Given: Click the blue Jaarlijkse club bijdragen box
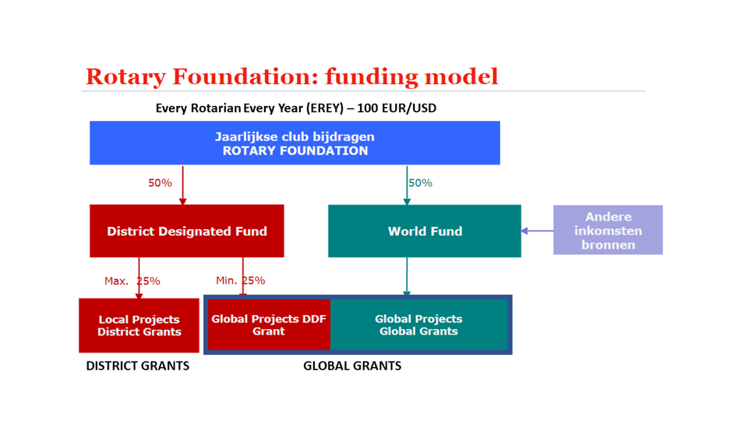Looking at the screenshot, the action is pos(295,143).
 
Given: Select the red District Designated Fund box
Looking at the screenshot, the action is pos(187,231).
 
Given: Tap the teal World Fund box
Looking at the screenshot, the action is pos(425,231).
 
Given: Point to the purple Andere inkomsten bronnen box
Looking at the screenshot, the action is pos(608,230).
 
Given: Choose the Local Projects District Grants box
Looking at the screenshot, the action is pos(139,326).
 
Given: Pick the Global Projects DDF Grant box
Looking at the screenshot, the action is pos(269,324).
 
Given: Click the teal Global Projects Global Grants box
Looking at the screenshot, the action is pos(419,324).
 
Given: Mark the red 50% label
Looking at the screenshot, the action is pos(160,182).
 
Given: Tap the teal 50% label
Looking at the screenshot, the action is pos(420,182).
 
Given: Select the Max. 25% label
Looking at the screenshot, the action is pos(132,281).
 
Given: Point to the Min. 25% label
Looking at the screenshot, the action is pos(241,281).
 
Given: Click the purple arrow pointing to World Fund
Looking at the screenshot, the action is pos(537,231).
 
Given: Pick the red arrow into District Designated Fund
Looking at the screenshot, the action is pos(182,186).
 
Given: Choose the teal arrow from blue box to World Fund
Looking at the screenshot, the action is pos(407,186).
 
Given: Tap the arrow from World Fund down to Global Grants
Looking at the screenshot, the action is pos(407,277).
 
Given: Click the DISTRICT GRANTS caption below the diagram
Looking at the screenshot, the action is pos(138,366).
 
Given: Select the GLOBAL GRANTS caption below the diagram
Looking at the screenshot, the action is pos(352,366).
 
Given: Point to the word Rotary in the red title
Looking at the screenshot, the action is pos(126,77).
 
